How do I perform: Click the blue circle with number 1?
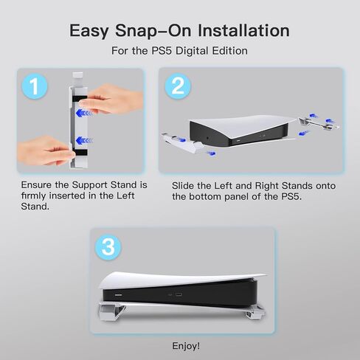pyautogui.click(x=35, y=86)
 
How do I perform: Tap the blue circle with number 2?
pyautogui.click(x=178, y=86)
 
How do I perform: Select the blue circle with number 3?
pyautogui.click(x=108, y=246)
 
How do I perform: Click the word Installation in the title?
pyautogui.click(x=243, y=30)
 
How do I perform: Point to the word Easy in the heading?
pyautogui.click(x=89, y=31)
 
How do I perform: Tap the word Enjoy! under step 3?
pyautogui.click(x=186, y=346)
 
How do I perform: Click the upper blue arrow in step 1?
pyautogui.click(x=84, y=114)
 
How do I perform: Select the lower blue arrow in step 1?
pyautogui.click(x=84, y=141)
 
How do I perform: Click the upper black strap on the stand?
pyautogui.click(x=80, y=99)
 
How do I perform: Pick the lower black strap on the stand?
pyautogui.click(x=80, y=153)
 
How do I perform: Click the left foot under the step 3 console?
pyautogui.click(x=108, y=312)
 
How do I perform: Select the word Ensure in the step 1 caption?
pyautogui.click(x=36, y=185)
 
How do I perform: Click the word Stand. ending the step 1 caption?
pyautogui.click(x=35, y=207)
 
